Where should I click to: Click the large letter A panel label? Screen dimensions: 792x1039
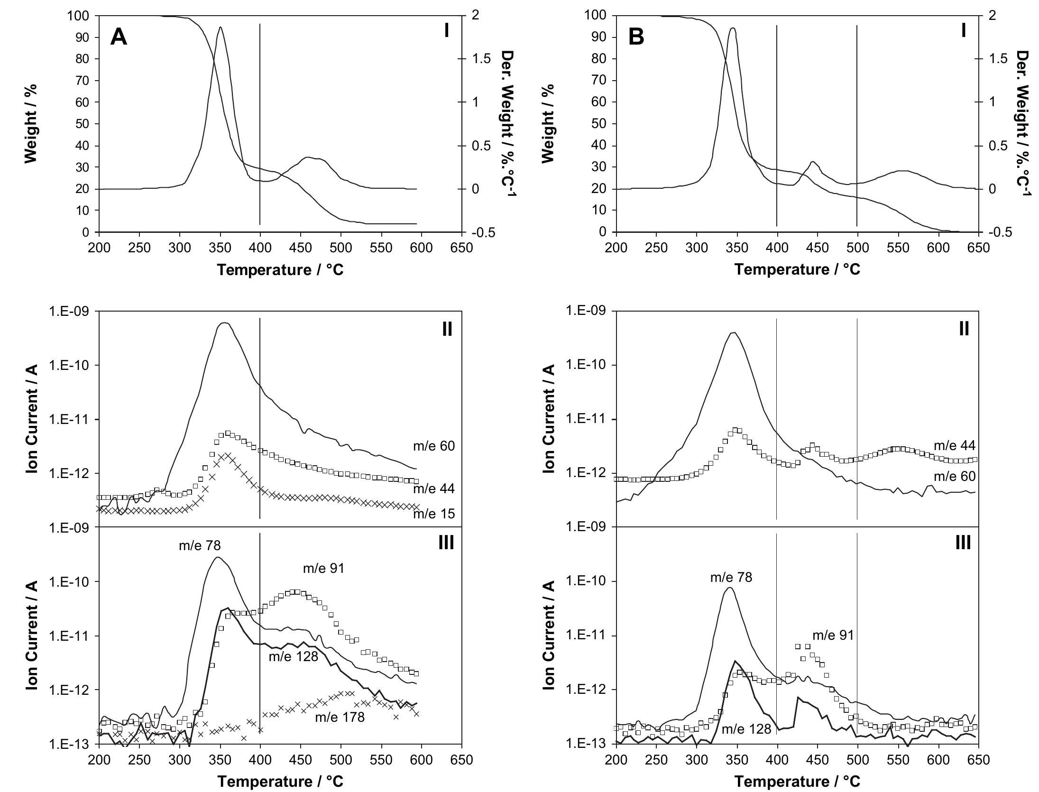[x=119, y=37]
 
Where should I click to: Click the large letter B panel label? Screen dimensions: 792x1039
[x=636, y=37]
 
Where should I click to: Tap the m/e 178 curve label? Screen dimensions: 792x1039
[x=340, y=717]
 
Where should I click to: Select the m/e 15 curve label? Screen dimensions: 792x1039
[x=434, y=514]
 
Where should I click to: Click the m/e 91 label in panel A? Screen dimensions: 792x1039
[x=324, y=568]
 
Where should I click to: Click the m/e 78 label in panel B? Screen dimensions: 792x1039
[x=731, y=577]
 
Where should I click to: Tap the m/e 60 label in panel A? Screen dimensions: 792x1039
[x=434, y=446]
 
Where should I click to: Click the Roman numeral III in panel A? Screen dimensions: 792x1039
[x=446, y=543]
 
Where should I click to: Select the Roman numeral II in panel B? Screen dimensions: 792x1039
[x=964, y=329]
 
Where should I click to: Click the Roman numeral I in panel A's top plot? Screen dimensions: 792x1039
[x=446, y=30]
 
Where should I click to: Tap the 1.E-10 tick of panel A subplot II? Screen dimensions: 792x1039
[x=71, y=365]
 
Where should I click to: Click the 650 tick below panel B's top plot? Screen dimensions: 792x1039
[x=978, y=248]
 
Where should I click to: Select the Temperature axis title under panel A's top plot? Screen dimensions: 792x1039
[x=280, y=270]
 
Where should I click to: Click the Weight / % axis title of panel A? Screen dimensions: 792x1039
[x=31, y=123]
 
